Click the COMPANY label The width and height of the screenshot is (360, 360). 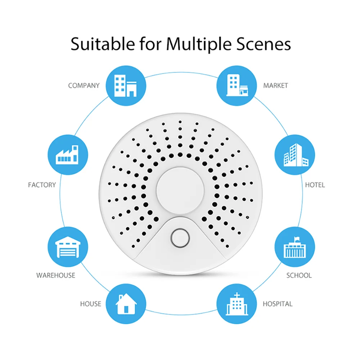click(x=84, y=86)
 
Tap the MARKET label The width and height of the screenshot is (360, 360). click(x=275, y=86)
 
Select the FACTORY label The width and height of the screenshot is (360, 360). click(x=42, y=185)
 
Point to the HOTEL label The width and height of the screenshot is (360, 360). click(x=315, y=185)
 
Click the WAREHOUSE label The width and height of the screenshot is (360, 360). click(x=56, y=275)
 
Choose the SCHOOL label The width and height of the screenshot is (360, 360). click(x=299, y=275)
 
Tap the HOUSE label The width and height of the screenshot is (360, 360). click(x=91, y=304)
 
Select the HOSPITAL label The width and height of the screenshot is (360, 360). click(x=278, y=304)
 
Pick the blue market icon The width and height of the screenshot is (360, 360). click(x=236, y=85)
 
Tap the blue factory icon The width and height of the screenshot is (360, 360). click(x=67, y=155)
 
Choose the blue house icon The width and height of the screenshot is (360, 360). click(x=126, y=303)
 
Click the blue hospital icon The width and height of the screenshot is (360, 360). click(x=236, y=303)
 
